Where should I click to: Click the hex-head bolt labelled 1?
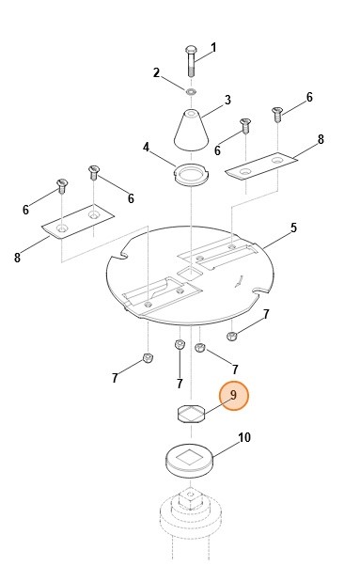click(191, 60)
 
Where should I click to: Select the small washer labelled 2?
click(191, 92)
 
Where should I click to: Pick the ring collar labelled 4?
click(191, 174)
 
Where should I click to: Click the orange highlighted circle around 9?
click(234, 396)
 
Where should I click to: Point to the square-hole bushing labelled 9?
click(191, 414)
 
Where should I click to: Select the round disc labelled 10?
click(189, 461)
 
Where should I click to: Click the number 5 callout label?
click(293, 228)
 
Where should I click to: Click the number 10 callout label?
click(244, 437)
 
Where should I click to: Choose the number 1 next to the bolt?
click(213, 48)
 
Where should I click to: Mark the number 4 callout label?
click(146, 148)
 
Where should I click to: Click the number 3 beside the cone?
click(227, 100)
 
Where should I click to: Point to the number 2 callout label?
click(156, 72)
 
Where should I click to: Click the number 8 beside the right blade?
click(321, 139)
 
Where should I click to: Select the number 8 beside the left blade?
click(17, 258)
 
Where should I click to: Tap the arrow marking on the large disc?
click(239, 281)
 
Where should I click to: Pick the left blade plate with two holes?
click(78, 222)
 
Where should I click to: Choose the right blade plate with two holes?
click(261, 165)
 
